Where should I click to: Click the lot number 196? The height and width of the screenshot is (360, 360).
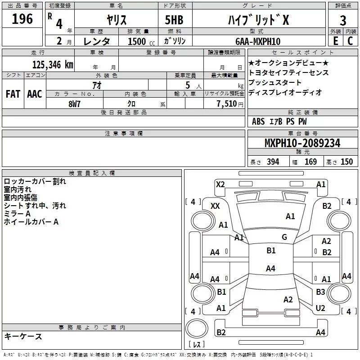[22, 19]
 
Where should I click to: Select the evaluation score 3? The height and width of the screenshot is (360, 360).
[343, 21]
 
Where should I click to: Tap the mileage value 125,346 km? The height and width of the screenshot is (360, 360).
[53, 64]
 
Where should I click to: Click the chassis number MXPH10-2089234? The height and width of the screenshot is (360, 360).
[302, 143]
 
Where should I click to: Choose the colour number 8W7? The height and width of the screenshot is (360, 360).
[75, 103]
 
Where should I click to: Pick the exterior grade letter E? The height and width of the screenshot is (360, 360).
[335, 41]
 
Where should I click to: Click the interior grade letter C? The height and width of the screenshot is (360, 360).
[350, 41]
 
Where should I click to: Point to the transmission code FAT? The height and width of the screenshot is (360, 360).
[13, 94]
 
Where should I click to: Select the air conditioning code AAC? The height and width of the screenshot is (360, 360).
[34, 94]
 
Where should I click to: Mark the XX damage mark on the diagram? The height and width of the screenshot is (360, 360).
[215, 206]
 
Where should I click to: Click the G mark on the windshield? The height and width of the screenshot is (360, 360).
[284, 237]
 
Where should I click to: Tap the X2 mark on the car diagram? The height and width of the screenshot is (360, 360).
[220, 184]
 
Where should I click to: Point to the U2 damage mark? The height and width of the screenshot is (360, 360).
[320, 308]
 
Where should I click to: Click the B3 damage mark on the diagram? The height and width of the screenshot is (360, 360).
[320, 292]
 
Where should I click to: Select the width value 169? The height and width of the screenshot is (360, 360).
[311, 162]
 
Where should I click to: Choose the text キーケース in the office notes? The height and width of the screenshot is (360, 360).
[23, 336]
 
